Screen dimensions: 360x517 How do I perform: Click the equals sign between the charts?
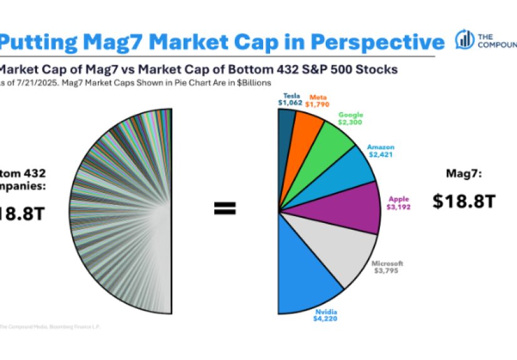tap(224, 209)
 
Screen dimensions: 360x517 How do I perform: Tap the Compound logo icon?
tap(464, 39)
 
